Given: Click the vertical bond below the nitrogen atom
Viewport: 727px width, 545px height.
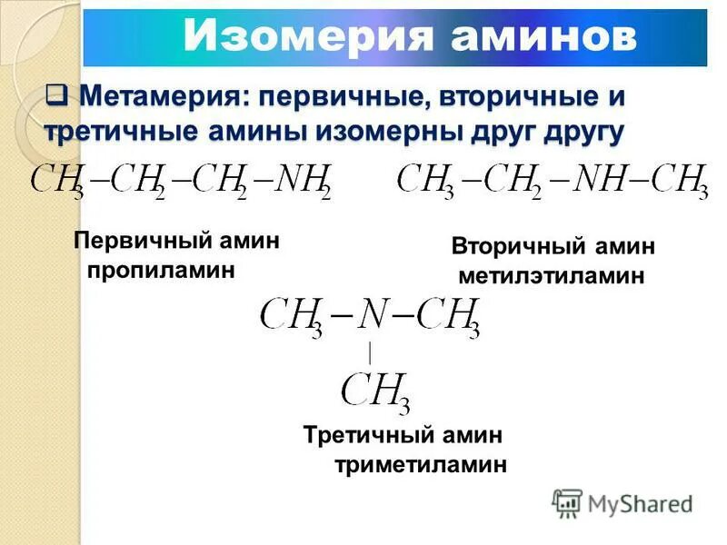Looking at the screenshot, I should (371, 352).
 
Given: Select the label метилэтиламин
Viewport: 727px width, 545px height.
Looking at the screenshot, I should (552, 275).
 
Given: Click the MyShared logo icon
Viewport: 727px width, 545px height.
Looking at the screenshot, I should (567, 502).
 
